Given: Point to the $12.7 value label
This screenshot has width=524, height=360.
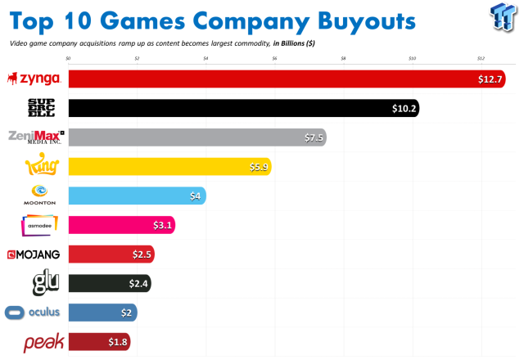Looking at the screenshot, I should (x=490, y=79).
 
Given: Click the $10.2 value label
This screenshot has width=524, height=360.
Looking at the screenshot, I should (x=404, y=108).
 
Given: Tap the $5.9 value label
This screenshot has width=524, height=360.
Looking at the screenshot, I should (x=258, y=167).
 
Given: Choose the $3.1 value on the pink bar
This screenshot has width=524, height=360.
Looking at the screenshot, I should (x=162, y=225).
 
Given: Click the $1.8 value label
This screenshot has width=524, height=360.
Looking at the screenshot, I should (x=118, y=342).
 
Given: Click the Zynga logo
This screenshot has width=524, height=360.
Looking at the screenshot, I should (x=34, y=79).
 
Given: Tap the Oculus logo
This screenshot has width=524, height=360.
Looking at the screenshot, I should (x=33, y=312).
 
